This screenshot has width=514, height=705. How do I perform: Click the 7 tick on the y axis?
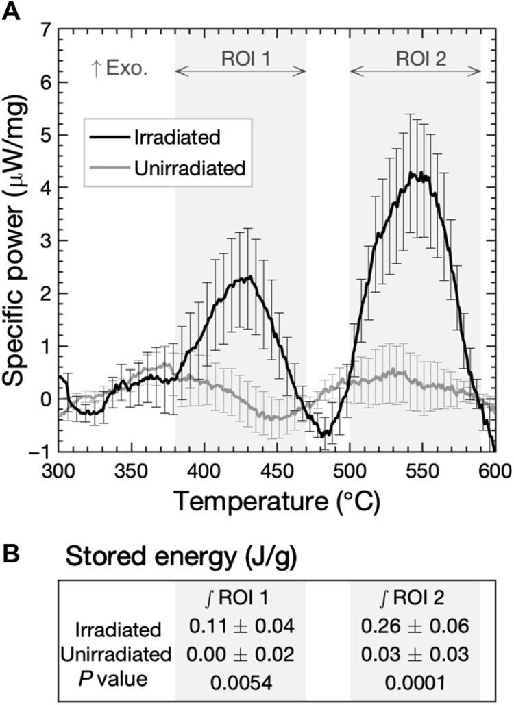coord(45,29)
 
